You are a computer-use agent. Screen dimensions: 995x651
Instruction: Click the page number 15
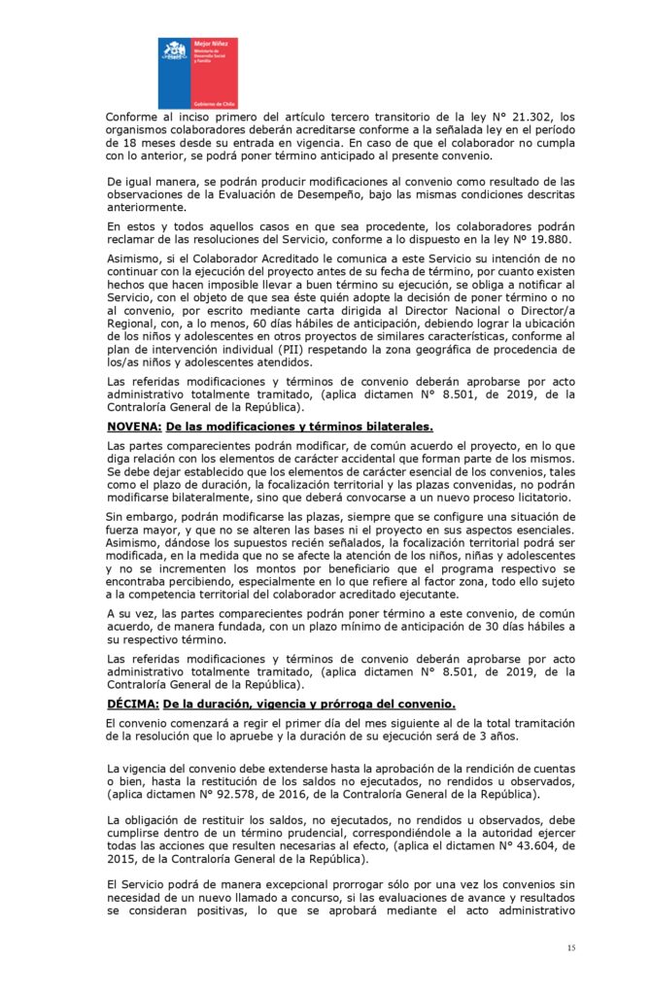[x=571, y=946]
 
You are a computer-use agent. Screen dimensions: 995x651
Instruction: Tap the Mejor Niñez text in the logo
[x=210, y=45]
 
